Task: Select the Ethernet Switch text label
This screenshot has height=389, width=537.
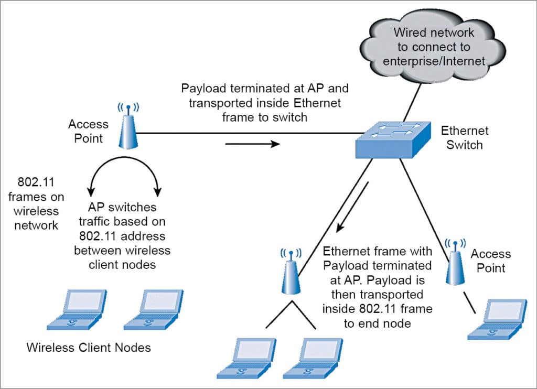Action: point(465,137)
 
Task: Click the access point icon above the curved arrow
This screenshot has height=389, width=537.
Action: point(127,129)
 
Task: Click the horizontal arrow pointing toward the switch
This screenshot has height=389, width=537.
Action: point(253,143)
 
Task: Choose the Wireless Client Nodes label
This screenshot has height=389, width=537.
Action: point(89,347)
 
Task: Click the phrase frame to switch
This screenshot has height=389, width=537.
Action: point(265,117)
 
